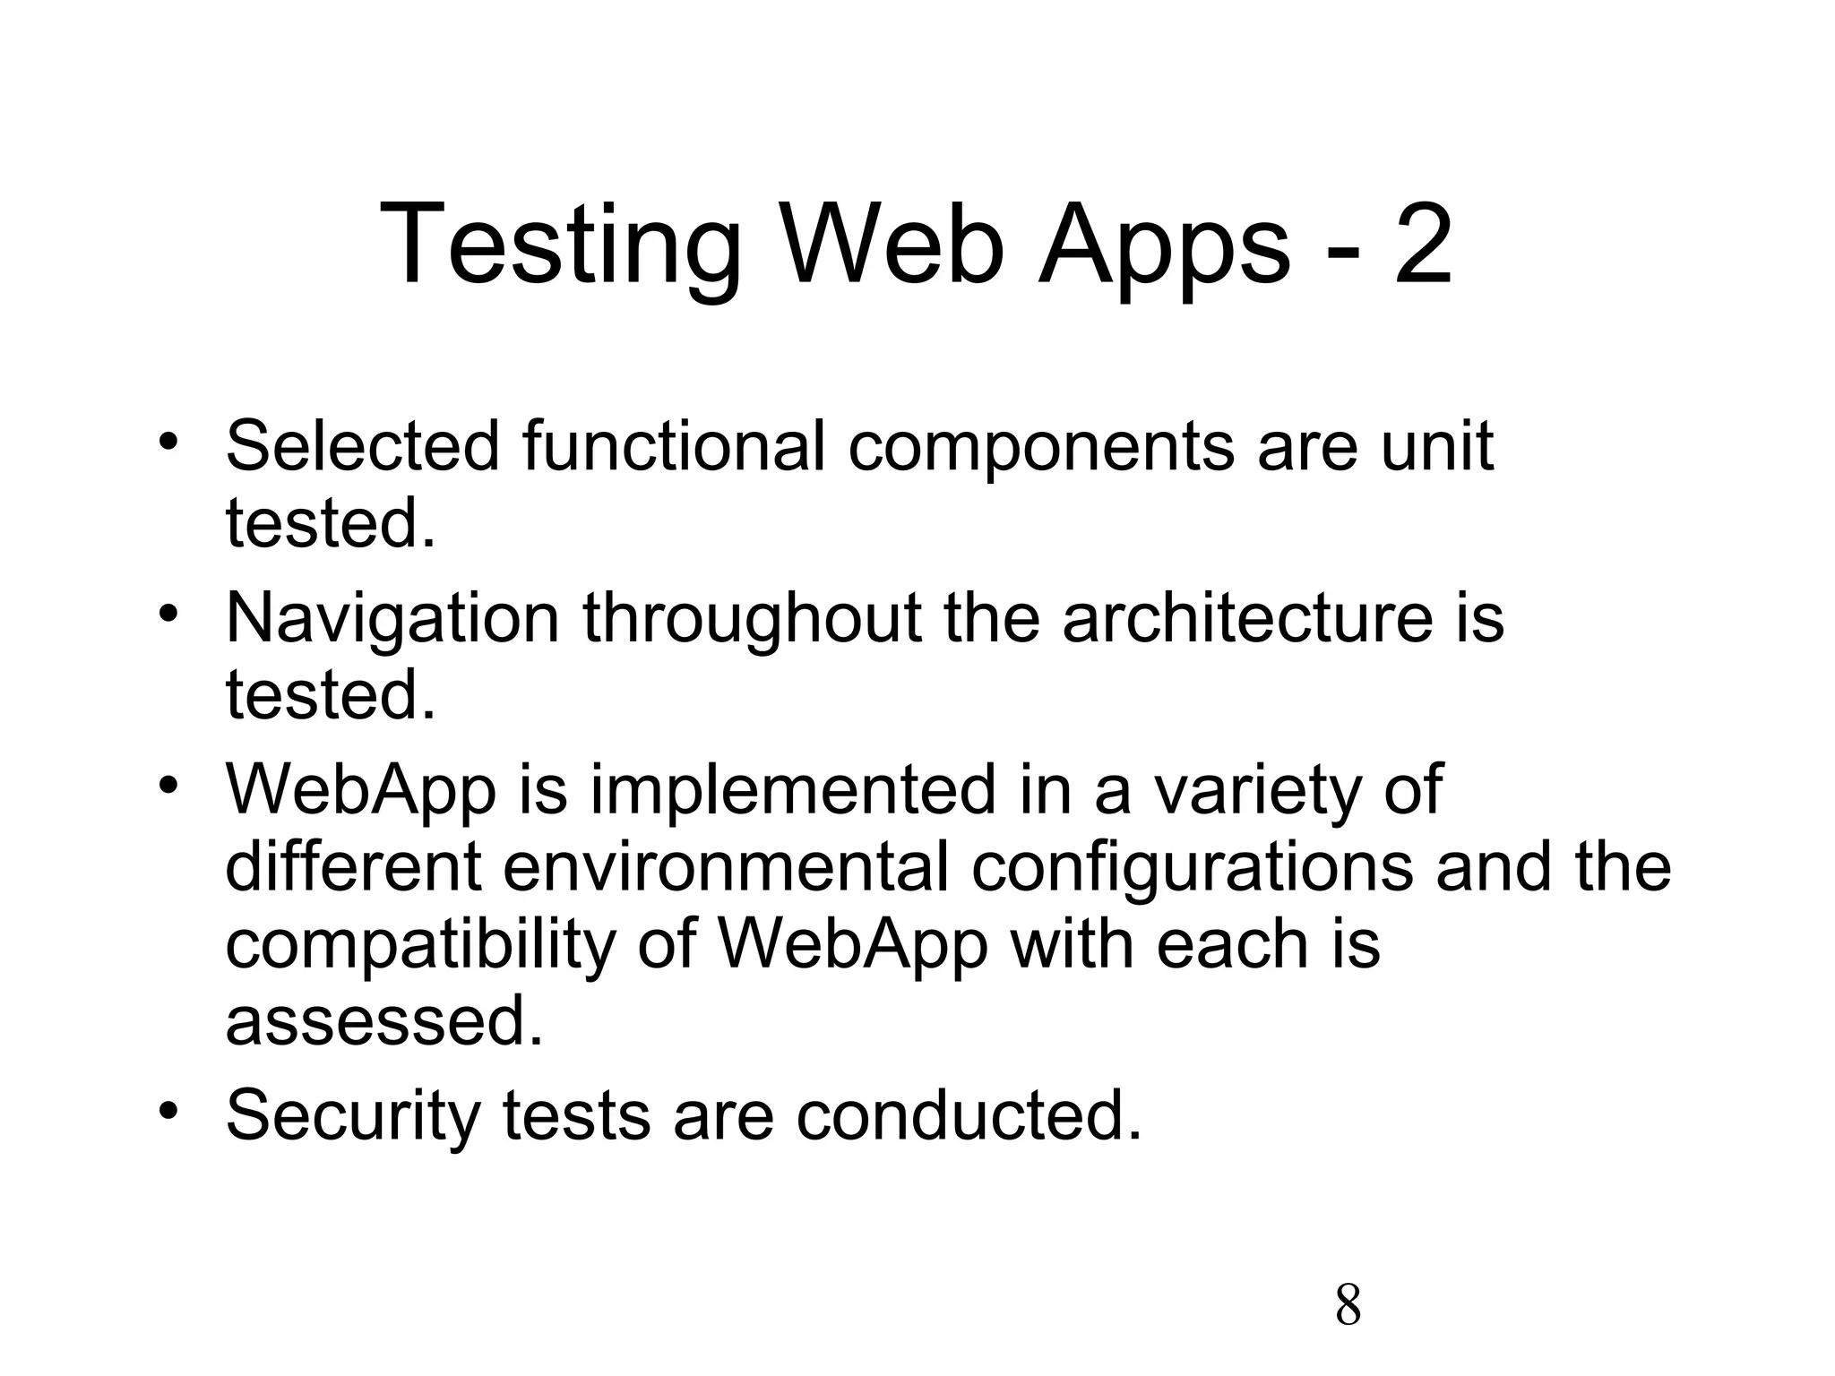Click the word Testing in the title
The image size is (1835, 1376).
click(x=561, y=245)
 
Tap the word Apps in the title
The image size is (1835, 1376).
click(x=1164, y=247)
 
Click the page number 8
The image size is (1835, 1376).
click(x=1348, y=1305)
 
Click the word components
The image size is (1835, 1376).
click(x=1040, y=447)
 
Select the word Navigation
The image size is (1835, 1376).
click(x=392, y=618)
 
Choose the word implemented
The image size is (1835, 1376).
click(x=793, y=791)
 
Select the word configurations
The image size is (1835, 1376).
click(x=1192, y=869)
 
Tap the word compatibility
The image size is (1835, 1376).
click(x=419, y=946)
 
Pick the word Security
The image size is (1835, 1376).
click(x=353, y=1116)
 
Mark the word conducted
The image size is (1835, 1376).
click(x=969, y=1114)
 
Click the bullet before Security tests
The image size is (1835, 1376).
click(x=168, y=1111)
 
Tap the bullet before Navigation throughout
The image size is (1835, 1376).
click(x=168, y=614)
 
